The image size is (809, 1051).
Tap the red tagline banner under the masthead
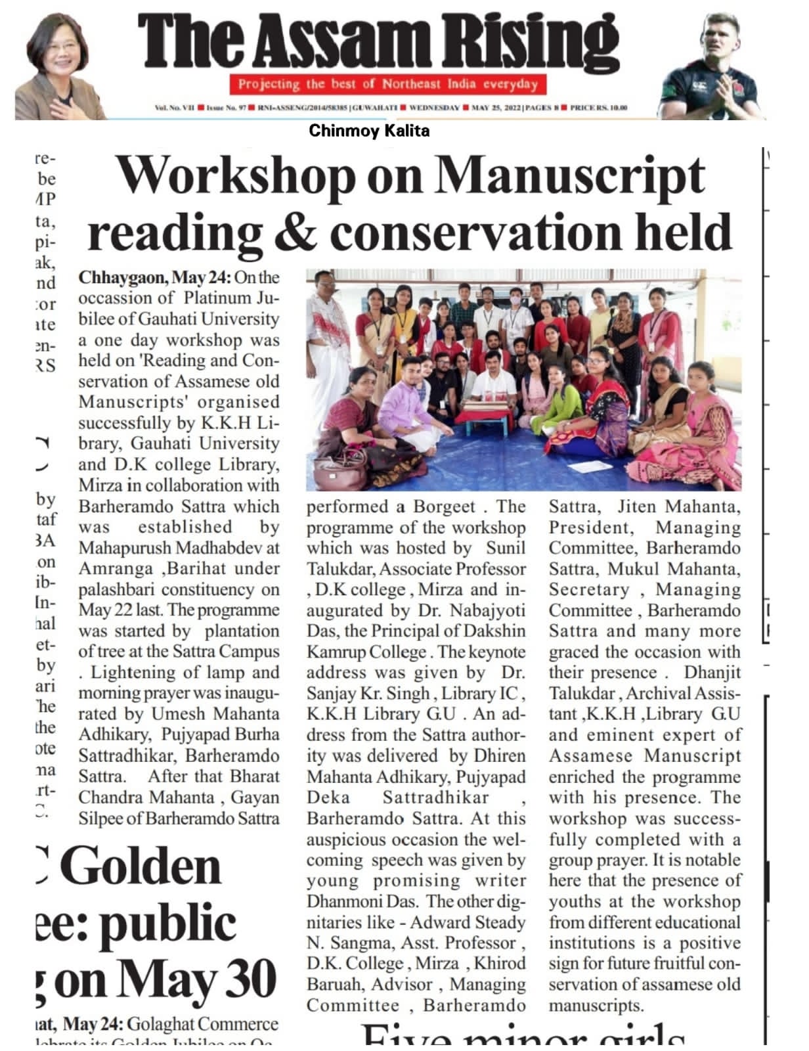tap(387, 84)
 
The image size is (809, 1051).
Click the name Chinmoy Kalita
tap(369, 131)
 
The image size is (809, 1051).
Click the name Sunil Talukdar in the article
tap(506, 548)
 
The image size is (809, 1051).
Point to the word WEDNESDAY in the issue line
tap(433, 107)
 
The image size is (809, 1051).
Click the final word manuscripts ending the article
tap(596, 1006)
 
